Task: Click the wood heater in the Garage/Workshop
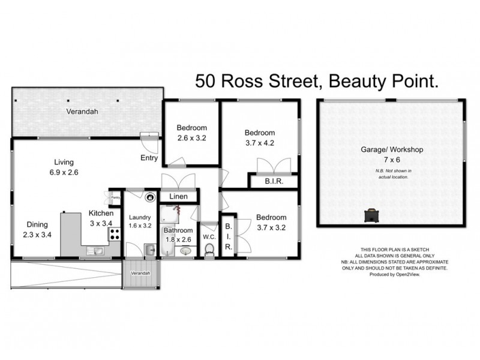[x=373, y=214]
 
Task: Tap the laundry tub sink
[x=149, y=250]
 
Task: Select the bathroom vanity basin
[x=185, y=251]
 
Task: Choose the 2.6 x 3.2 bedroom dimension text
[x=191, y=138]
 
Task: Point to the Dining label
[x=37, y=224]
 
